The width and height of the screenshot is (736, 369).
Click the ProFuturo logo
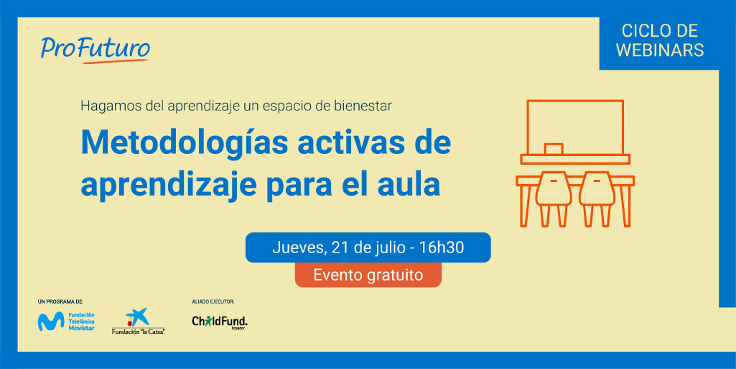click(x=96, y=50)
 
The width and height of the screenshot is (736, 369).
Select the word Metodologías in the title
click(x=185, y=142)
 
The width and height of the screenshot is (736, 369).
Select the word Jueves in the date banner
click(x=296, y=247)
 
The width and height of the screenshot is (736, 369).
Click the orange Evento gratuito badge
click(x=368, y=275)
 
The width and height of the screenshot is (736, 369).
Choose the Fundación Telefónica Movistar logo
click(x=66, y=321)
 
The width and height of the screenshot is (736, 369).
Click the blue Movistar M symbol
click(x=51, y=322)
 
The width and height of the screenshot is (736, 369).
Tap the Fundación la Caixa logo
click(x=139, y=322)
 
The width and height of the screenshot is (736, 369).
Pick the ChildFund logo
click(x=220, y=322)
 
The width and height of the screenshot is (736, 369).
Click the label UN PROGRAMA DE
click(x=63, y=301)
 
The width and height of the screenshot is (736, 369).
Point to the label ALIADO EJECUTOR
click(x=213, y=301)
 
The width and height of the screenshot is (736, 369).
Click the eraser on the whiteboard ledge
click(x=554, y=149)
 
